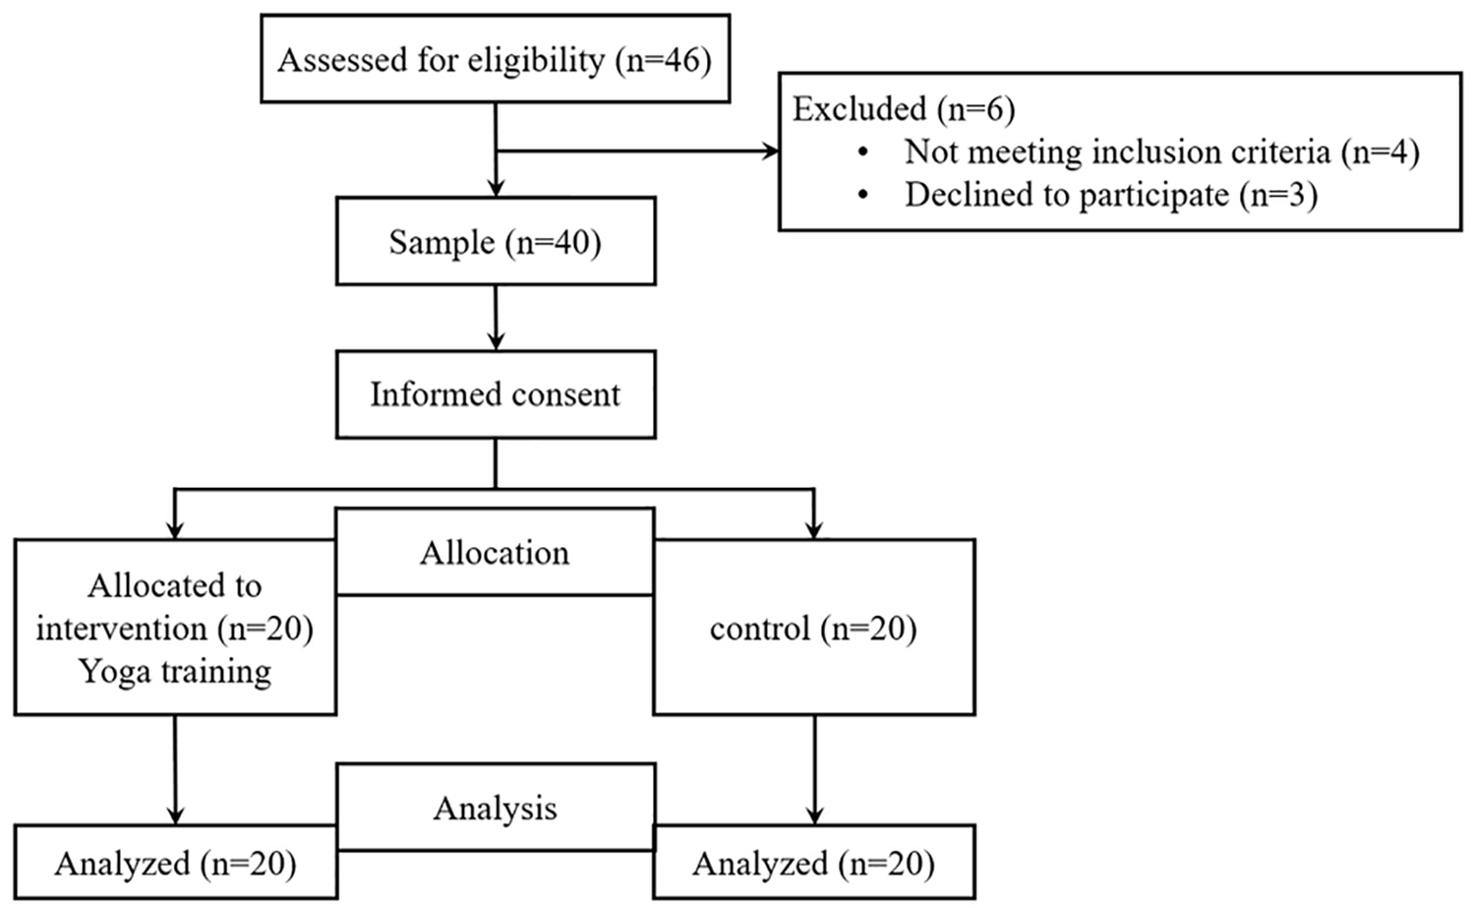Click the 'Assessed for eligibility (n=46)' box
click(x=496, y=59)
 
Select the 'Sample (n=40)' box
click(x=496, y=241)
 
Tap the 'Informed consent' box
click(x=496, y=394)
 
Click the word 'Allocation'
click(x=495, y=552)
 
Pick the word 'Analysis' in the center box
click(x=496, y=808)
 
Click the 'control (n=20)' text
click(x=813, y=628)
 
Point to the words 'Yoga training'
click(x=175, y=672)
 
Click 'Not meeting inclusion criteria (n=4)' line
click(x=1162, y=152)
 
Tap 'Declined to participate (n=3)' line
click(x=1111, y=195)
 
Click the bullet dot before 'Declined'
click(x=863, y=195)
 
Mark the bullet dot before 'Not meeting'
click(x=863, y=152)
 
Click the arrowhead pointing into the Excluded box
click(x=770, y=151)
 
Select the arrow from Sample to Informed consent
click(x=496, y=318)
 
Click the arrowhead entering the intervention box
click(x=174, y=530)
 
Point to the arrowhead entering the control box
click(x=814, y=530)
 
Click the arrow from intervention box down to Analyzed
click(x=175, y=769)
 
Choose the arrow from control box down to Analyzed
click(x=814, y=769)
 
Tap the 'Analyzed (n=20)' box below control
click(x=814, y=862)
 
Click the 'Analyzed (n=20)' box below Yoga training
click(x=176, y=862)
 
